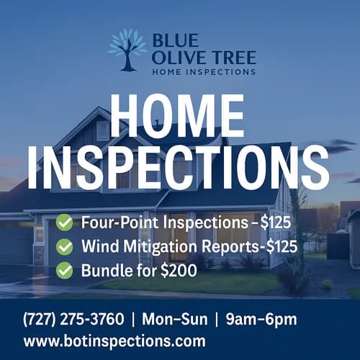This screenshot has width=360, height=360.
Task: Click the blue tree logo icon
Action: point(127,49)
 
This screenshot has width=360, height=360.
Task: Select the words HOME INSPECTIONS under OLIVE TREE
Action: point(204,71)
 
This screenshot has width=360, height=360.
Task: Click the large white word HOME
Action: point(180,115)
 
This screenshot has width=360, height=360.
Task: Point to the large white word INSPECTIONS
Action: point(180,167)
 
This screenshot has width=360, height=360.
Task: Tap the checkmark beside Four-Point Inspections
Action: point(65,222)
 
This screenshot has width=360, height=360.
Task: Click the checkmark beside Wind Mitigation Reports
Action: point(65,246)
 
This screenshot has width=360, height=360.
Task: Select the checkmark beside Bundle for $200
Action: point(65,270)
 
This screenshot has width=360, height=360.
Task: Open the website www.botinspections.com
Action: point(114,341)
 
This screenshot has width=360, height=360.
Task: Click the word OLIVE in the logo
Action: point(180,57)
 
